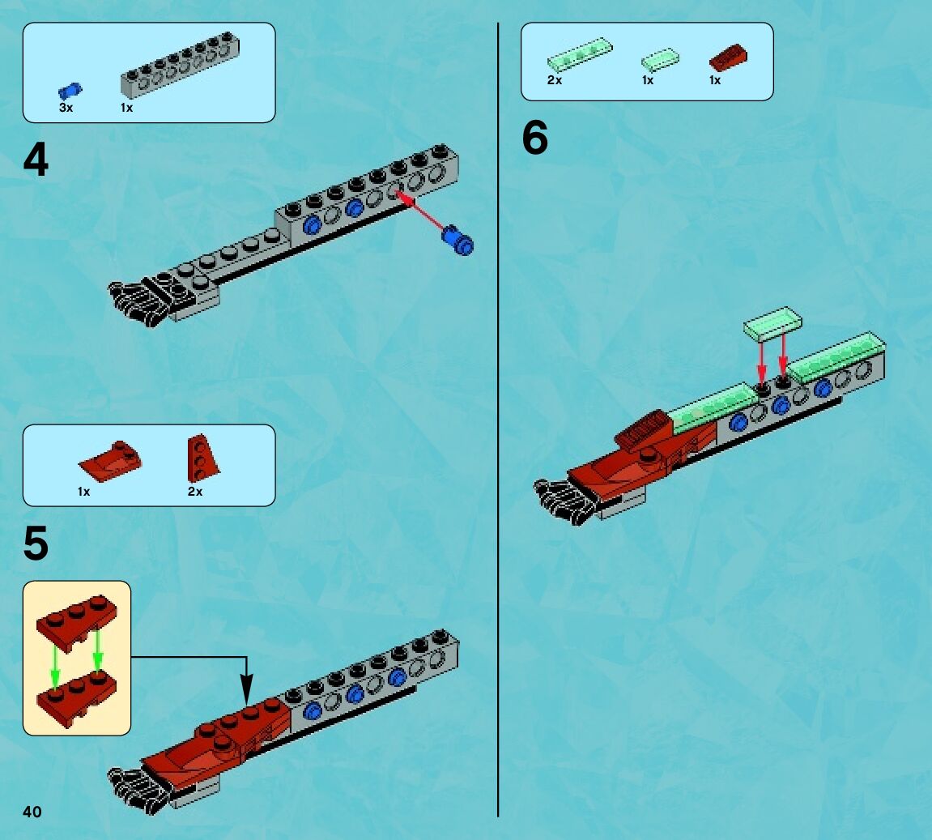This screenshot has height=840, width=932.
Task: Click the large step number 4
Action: (x=36, y=160)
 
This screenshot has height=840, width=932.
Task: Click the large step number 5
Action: (x=36, y=544)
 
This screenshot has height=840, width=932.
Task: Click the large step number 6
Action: (x=534, y=139)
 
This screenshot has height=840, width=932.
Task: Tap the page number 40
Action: (x=32, y=812)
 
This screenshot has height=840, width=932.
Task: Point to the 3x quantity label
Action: (x=66, y=108)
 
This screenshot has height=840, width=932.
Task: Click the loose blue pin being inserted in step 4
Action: (x=457, y=241)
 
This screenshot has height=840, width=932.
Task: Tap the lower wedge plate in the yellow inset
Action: (x=76, y=695)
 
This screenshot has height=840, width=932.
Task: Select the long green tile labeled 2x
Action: (x=579, y=53)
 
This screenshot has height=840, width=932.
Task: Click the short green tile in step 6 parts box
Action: (x=660, y=58)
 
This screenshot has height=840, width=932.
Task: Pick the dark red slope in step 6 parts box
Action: (x=728, y=57)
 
